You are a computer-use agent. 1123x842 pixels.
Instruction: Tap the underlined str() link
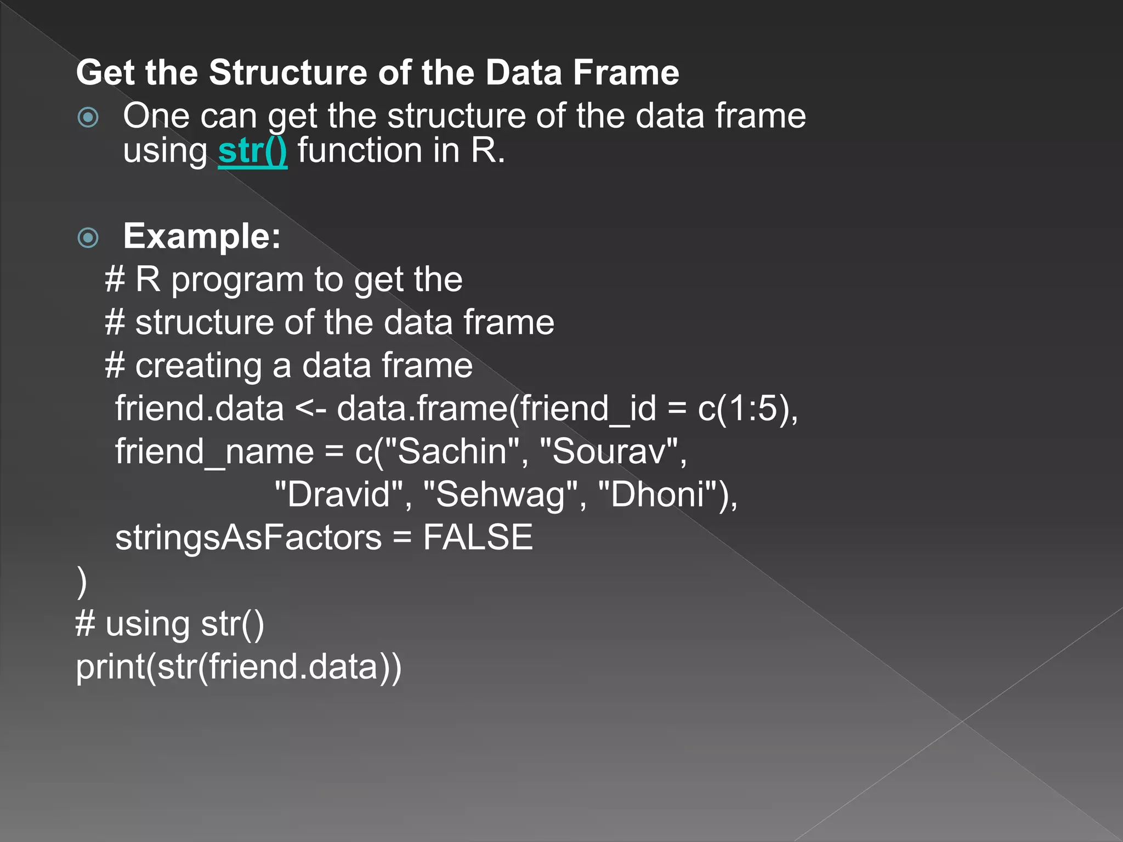click(252, 151)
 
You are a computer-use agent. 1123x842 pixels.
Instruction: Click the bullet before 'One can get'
click(88, 117)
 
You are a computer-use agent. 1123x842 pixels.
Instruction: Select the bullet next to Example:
click(88, 237)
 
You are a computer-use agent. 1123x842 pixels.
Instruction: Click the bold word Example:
click(202, 236)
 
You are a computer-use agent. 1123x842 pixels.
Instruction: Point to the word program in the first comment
click(237, 280)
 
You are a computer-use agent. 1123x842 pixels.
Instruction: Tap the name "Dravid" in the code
click(339, 494)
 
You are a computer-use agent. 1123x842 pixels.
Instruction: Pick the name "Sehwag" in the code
click(501, 494)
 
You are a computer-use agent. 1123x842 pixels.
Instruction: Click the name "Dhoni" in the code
click(657, 494)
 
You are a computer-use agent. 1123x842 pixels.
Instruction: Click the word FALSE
click(478, 537)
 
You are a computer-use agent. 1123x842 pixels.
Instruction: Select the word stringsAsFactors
click(248, 537)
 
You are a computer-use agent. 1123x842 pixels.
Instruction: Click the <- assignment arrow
click(311, 409)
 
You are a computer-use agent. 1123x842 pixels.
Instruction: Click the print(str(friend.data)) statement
click(239, 667)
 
